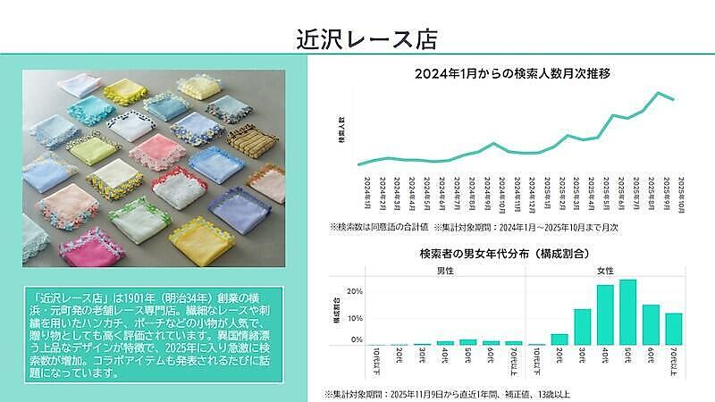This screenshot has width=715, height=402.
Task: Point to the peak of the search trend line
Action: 660,92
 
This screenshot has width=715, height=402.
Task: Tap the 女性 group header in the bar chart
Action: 604,270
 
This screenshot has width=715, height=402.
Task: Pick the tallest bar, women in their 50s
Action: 627,313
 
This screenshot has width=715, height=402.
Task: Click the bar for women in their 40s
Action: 605,315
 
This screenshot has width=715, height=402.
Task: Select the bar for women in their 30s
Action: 583,327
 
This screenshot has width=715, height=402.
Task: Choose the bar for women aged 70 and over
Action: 673,329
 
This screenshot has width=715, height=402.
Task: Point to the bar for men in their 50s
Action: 467,341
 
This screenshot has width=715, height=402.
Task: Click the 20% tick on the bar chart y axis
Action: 356,291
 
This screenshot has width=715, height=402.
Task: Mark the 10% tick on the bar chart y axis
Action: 356,318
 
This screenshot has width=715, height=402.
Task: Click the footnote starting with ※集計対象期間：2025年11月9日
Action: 447,393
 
